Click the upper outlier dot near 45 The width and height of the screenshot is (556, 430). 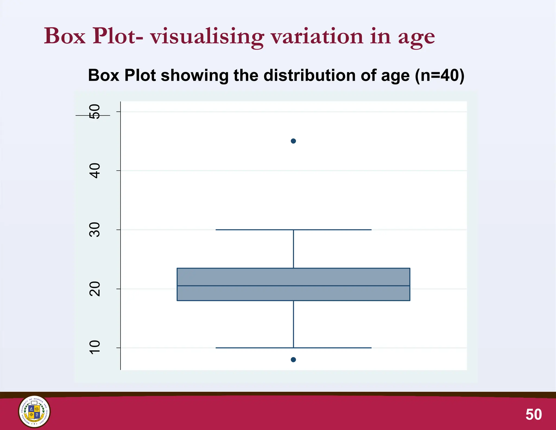click(x=293, y=141)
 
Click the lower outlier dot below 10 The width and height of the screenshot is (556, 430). click(x=293, y=360)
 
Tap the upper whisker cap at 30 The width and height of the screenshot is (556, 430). click(x=293, y=230)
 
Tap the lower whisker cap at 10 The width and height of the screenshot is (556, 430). click(x=293, y=348)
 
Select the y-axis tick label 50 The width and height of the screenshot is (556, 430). click(x=95, y=111)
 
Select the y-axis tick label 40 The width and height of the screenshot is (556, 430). click(x=95, y=171)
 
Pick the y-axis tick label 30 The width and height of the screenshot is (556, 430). click(x=95, y=230)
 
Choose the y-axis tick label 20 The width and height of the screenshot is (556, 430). click(x=95, y=289)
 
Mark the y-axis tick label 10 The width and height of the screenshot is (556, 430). click(x=95, y=348)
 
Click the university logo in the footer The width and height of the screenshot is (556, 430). click(x=34, y=412)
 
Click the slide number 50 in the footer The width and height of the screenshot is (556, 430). click(x=533, y=415)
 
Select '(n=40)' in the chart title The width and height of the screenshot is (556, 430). click(x=440, y=75)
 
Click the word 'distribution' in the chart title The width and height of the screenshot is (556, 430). click(x=309, y=75)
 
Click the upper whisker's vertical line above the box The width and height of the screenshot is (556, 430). click(x=293, y=249)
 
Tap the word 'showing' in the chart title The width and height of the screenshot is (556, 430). click(x=195, y=76)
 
